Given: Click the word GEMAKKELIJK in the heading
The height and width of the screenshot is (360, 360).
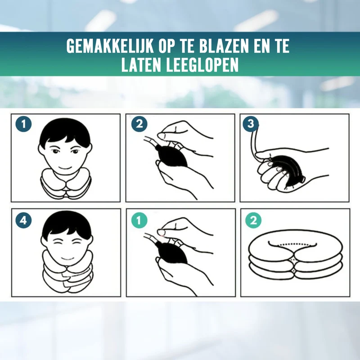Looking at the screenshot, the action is (110, 46).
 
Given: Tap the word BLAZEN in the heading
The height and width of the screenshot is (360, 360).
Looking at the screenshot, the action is (224, 46).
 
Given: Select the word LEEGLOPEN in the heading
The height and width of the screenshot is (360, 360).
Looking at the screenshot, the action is (202, 65).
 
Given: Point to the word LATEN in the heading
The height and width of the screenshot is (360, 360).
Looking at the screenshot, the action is (141, 65).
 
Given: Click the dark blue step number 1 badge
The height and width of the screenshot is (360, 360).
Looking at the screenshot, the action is (23, 124).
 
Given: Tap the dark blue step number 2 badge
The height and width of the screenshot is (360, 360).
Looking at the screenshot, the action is (139, 124).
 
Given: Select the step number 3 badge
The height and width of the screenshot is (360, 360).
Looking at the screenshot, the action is (251, 124).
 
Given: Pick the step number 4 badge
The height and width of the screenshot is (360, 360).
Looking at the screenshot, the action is (23, 220).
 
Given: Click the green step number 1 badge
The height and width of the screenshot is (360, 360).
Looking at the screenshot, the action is (139, 220).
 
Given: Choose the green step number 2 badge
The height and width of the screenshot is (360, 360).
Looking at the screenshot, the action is (253, 220).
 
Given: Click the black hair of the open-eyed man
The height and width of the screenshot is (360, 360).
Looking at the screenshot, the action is (65, 131).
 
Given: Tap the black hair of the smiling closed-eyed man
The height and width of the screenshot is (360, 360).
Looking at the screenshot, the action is (67, 224).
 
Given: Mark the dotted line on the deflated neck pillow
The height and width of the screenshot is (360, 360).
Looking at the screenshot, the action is (292, 244).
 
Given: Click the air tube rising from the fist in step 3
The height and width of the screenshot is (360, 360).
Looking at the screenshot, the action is (253, 142).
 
